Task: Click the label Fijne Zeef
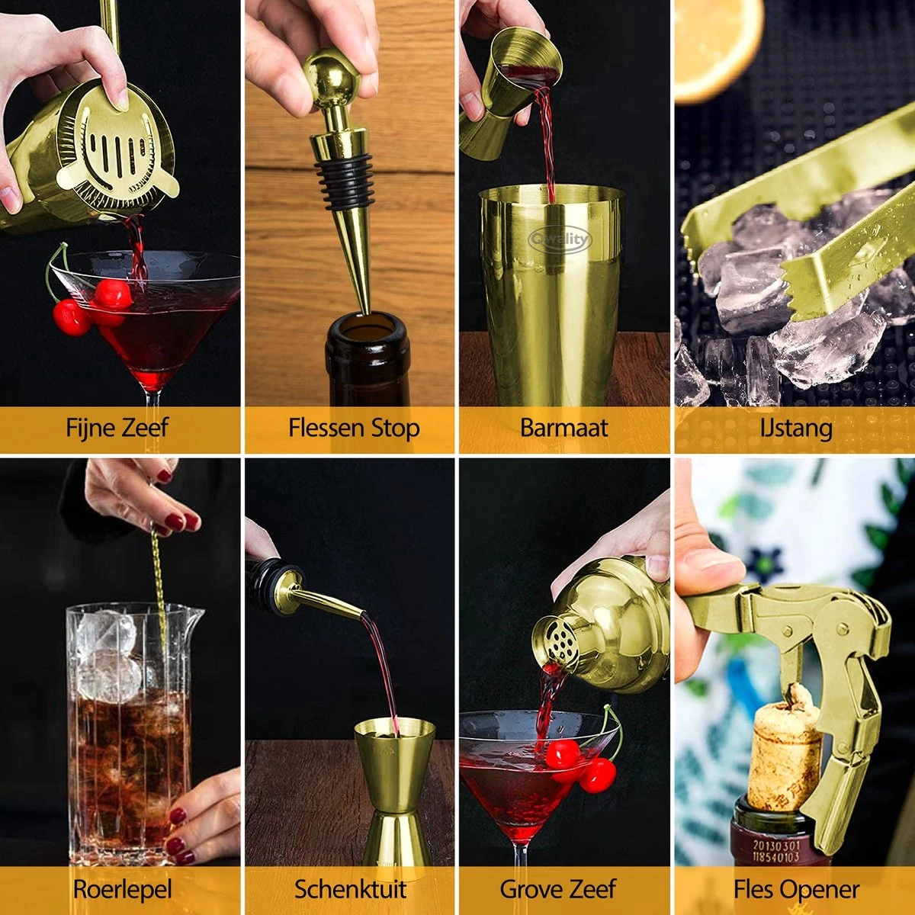tap(117, 428)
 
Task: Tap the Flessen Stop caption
tap(354, 428)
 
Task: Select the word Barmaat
tap(563, 428)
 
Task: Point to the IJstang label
tap(795, 428)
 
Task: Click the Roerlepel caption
tap(122, 889)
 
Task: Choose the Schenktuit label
tap(351, 889)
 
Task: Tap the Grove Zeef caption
tap(557, 889)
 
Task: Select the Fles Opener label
tap(796, 889)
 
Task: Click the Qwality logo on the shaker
tap(560, 240)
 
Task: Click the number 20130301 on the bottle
tap(776, 845)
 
